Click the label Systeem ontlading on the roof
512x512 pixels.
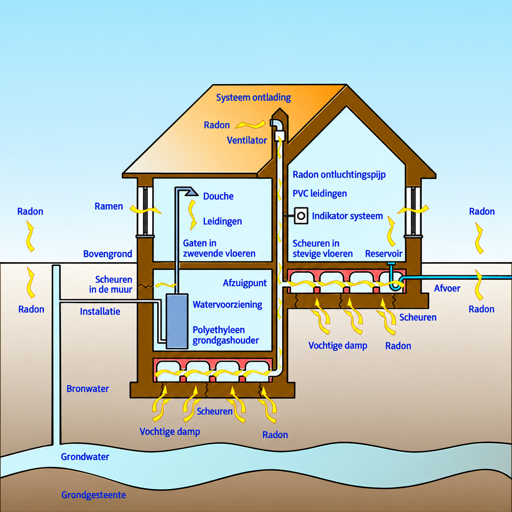(253, 98)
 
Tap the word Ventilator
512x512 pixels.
(247, 140)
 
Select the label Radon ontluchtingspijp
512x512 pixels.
(339, 175)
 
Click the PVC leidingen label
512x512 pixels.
(320, 194)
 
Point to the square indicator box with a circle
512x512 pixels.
(301, 216)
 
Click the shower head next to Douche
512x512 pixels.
(191, 191)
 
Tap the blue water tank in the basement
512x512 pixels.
(177, 321)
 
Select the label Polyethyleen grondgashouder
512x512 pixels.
(225, 335)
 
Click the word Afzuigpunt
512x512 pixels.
(245, 283)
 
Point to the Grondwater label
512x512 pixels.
(85, 456)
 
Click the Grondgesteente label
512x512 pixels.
(93, 495)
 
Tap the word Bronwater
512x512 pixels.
(88, 389)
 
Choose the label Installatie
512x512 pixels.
(100, 312)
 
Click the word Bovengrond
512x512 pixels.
(108, 254)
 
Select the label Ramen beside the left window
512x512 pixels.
(109, 206)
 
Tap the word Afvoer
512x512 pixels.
(447, 288)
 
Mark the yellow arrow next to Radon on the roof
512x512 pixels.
(250, 125)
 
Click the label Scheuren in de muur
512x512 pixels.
(111, 284)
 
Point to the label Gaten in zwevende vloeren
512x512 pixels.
(219, 248)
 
